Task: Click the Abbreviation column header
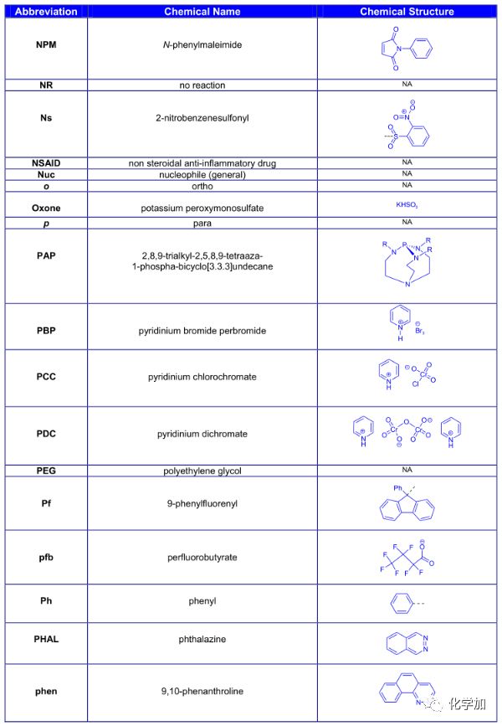(47, 12)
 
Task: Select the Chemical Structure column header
(407, 12)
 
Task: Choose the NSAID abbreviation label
(47, 162)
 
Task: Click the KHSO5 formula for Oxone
(407, 203)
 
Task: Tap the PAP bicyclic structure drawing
(407, 265)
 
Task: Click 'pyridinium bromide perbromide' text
(202, 331)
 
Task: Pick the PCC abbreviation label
(47, 378)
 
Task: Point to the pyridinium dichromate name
(202, 434)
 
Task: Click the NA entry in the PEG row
(407, 471)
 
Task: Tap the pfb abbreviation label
(47, 556)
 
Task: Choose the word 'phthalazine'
(202, 640)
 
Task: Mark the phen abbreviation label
(47, 692)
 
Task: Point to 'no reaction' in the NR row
(202, 85)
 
